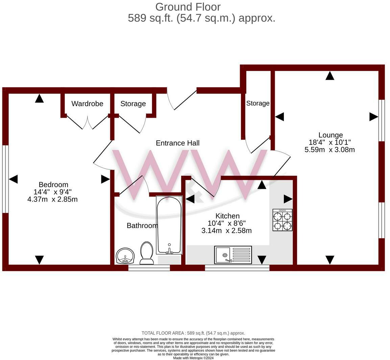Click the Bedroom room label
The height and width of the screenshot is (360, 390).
click(53, 185)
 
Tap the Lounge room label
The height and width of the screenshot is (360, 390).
click(330, 135)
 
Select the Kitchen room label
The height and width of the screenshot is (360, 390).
click(227, 216)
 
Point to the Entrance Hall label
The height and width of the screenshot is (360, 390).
click(177, 143)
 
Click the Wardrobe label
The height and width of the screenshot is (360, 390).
click(87, 104)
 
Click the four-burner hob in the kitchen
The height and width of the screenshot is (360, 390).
click(283, 220)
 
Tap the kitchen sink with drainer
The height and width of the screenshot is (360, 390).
click(233, 255)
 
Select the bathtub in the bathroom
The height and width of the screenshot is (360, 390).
click(169, 225)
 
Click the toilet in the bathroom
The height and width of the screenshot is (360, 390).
click(147, 253)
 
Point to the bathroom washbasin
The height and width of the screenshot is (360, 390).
click(125, 255)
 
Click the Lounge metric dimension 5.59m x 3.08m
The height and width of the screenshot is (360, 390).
click(330, 150)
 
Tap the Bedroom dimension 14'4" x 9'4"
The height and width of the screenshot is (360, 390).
click(50, 192)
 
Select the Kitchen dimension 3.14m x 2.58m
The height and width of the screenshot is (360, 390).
click(226, 231)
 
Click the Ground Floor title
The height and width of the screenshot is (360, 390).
click(188, 7)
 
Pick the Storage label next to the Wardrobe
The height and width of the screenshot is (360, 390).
click(133, 104)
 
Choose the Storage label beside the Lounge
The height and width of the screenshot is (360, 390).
click(258, 103)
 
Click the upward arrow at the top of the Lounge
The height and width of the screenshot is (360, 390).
click(330, 76)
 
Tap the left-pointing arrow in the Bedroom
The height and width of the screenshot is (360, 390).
click(13, 179)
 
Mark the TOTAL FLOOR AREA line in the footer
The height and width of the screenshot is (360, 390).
click(193, 333)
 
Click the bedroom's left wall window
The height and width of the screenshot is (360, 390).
click(5, 179)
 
